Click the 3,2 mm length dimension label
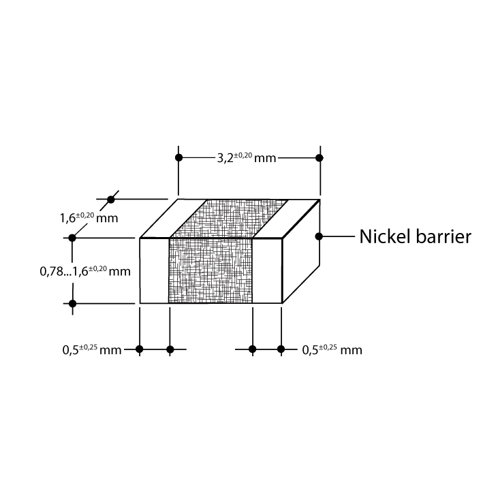coord(247,158)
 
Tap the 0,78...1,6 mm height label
coord(85,271)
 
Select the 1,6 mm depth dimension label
coord(89,218)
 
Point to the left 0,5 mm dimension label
coord(92,350)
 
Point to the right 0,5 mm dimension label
coord(332,350)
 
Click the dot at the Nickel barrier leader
coord(319,236)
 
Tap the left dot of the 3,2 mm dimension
coord(179,157)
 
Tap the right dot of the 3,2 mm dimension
coord(319,157)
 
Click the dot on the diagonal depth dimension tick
coord(110,200)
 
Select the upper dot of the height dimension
coord(72,238)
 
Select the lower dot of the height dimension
coord(72,303)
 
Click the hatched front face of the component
coord(210,270)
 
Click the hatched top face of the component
coord(229,219)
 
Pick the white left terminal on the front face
coord(155,270)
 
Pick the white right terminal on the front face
coord(267,270)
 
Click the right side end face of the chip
coord(301,251)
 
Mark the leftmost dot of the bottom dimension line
coord(140,349)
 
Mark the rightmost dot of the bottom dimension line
coord(281,349)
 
